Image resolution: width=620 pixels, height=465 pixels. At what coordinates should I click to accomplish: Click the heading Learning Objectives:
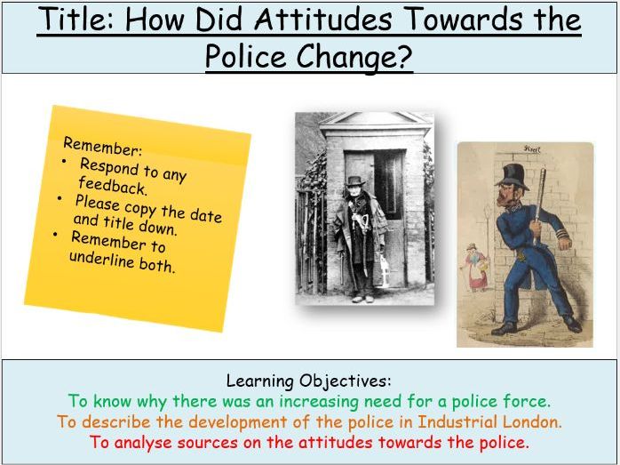point(309,381)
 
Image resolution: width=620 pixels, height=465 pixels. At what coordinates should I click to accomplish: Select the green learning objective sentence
point(309,402)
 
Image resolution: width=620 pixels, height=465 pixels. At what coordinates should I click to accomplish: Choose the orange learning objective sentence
point(309,422)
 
